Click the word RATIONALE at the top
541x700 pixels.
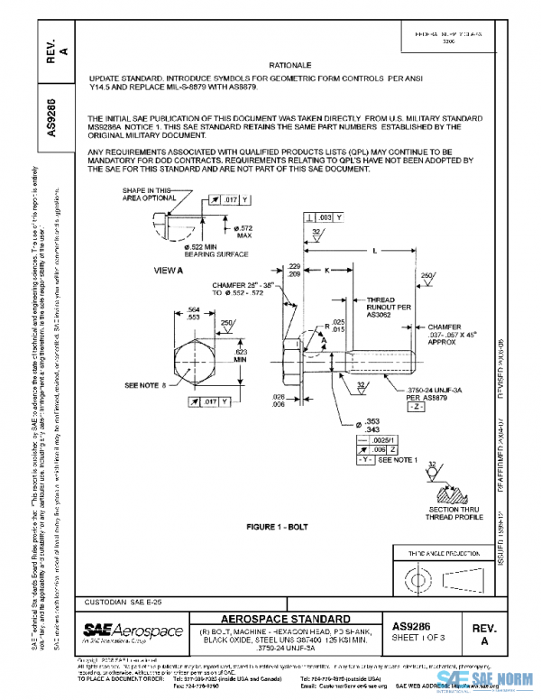(289, 66)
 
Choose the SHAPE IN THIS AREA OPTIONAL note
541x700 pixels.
(145, 195)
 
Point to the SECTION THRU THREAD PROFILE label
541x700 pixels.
(436, 513)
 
